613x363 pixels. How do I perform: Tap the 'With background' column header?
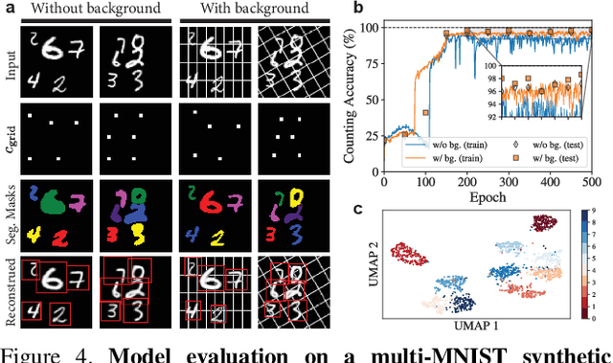pyautogui.click(x=256, y=9)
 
